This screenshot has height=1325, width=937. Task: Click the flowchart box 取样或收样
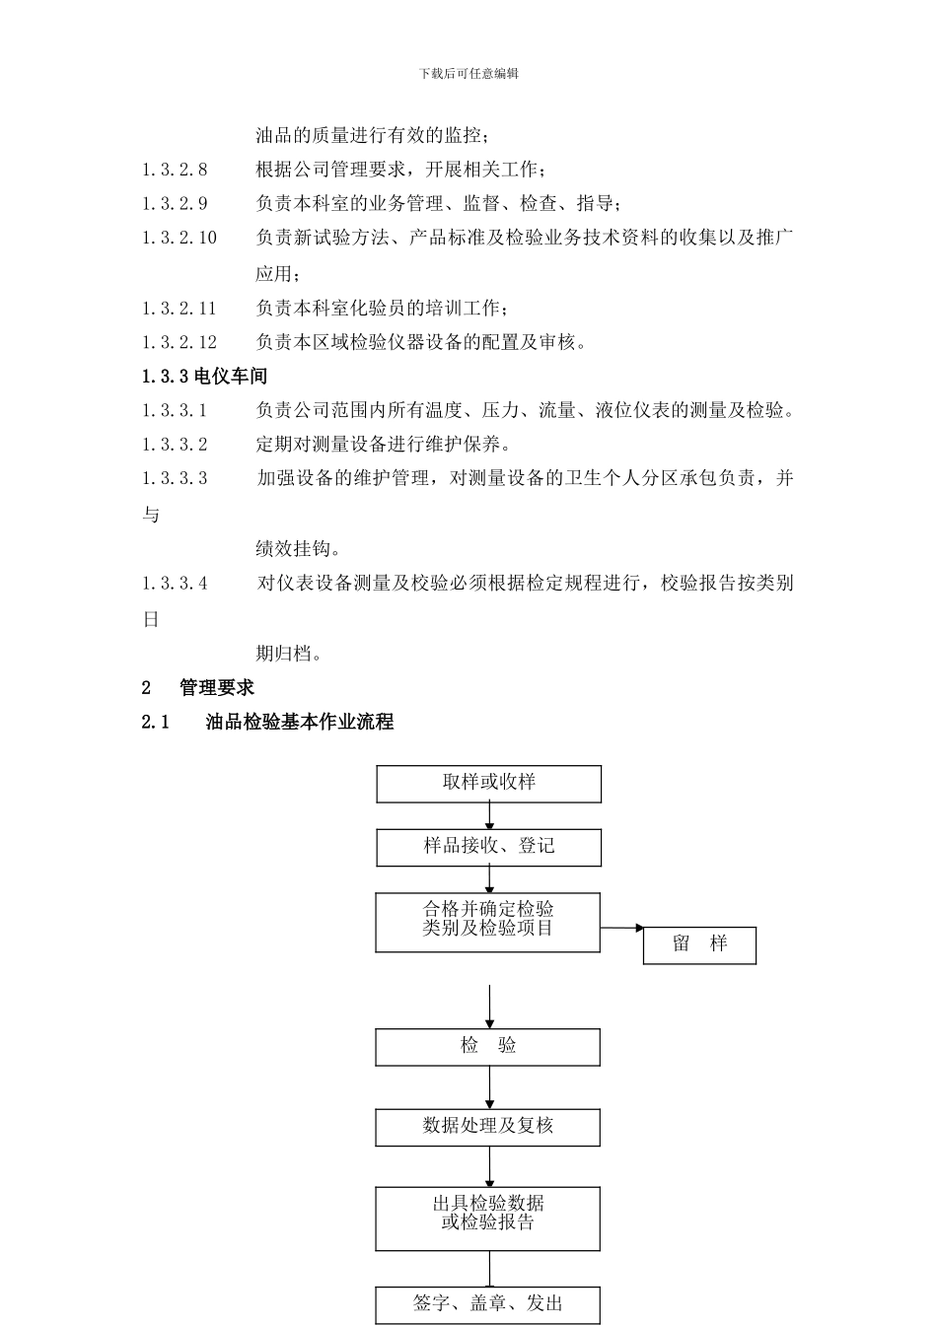(x=488, y=784)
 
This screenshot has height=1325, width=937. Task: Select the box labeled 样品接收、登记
(x=488, y=847)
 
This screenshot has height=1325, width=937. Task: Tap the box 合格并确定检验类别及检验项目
(x=487, y=922)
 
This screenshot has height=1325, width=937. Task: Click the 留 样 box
(x=699, y=944)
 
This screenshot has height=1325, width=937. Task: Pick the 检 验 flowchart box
(x=487, y=1047)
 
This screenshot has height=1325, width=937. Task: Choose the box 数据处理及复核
(x=487, y=1127)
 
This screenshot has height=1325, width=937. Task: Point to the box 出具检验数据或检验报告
(x=487, y=1218)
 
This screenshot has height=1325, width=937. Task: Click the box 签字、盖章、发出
(x=487, y=1304)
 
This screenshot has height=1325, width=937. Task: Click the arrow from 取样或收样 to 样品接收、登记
(x=489, y=815)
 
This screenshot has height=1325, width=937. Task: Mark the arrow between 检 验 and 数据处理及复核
(x=489, y=1087)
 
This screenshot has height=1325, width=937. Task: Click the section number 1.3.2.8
(x=175, y=170)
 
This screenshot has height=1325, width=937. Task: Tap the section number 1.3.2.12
(x=180, y=342)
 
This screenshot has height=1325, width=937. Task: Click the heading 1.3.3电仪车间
(x=204, y=376)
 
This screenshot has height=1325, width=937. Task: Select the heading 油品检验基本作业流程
(x=299, y=722)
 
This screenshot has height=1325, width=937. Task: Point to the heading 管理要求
(x=217, y=687)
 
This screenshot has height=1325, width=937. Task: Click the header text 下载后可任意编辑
(x=468, y=73)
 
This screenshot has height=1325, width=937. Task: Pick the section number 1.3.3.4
(x=175, y=583)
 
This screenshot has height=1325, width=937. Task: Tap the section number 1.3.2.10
(x=180, y=238)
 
